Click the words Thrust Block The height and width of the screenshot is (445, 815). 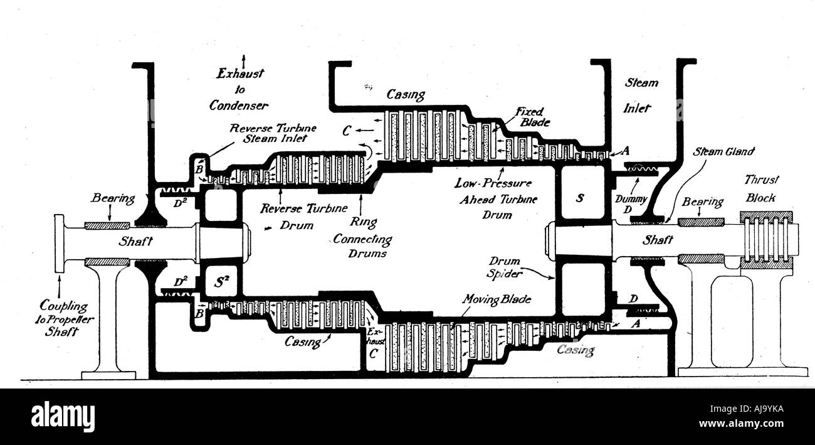[761, 189]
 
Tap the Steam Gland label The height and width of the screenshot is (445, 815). [723, 151]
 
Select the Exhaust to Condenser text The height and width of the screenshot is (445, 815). [239, 90]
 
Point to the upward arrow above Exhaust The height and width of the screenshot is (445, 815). [243, 60]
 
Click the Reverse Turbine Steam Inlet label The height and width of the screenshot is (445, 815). [273, 133]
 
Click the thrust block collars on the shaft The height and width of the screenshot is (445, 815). [766, 240]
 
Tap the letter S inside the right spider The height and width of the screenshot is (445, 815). [580, 198]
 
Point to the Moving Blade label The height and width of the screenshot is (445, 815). [497, 299]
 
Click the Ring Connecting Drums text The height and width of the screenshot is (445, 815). [363, 237]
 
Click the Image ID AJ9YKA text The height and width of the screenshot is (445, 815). [747, 409]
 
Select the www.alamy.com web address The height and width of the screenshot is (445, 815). [741, 424]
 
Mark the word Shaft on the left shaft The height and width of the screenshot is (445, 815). [135, 241]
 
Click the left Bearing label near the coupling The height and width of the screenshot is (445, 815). [113, 198]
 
